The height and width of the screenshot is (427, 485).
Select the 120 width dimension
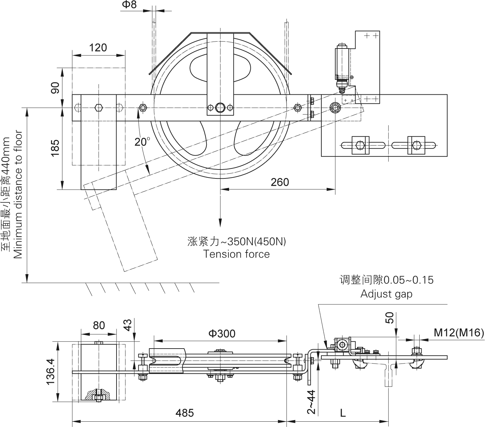[x=98, y=48]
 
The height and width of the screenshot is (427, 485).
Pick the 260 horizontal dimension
[x=280, y=182]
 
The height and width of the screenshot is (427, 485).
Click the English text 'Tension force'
[x=236, y=254]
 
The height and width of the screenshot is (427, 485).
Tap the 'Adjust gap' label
[x=386, y=294]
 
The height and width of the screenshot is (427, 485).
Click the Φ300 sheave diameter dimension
[x=222, y=333]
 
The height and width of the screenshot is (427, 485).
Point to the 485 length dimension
[x=185, y=413]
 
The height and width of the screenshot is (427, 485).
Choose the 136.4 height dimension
[x=50, y=372]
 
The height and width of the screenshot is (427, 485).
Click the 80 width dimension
[x=99, y=325]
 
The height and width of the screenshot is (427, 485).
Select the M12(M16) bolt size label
[x=458, y=332]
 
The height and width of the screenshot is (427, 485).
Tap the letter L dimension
[x=343, y=413]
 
